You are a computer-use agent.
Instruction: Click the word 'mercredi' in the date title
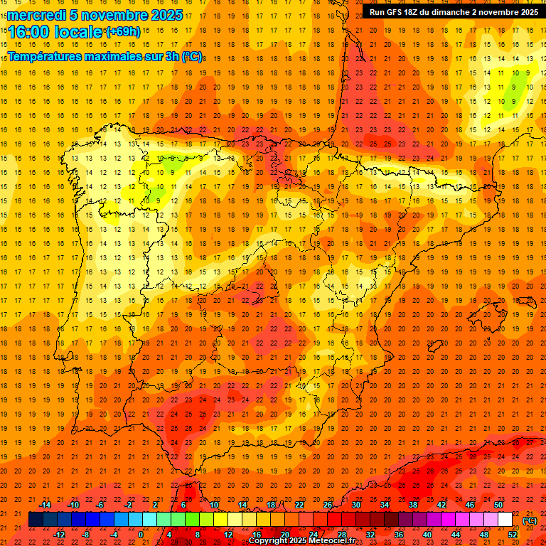[35, 15]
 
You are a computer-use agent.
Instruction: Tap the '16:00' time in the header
[28, 33]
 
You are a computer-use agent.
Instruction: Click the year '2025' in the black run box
[525, 11]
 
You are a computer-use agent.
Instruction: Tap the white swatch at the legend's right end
[505, 519]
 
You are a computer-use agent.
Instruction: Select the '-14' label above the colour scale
[45, 504]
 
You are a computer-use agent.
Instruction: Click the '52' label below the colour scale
[513, 534]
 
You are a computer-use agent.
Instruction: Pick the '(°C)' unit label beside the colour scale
[530, 520]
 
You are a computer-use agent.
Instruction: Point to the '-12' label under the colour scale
[59, 534]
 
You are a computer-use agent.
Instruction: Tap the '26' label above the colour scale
[328, 504]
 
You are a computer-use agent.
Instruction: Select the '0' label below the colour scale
[141, 534]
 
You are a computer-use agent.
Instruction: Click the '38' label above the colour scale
[413, 504]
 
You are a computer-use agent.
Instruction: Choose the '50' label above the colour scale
[498, 504]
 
